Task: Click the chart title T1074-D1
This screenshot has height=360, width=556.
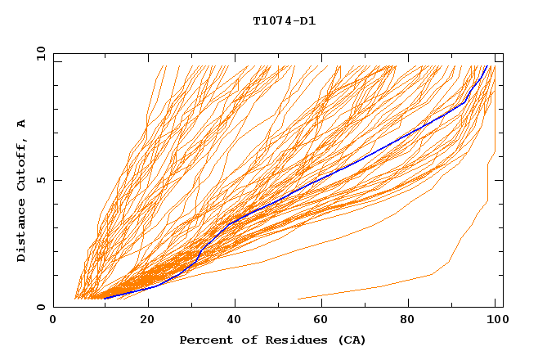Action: [284, 21]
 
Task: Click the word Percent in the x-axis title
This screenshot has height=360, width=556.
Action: [202, 340]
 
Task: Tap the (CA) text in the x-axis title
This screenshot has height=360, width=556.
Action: [352, 340]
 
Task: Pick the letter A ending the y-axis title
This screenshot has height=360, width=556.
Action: [22, 123]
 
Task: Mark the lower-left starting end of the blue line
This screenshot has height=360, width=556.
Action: [105, 298]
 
